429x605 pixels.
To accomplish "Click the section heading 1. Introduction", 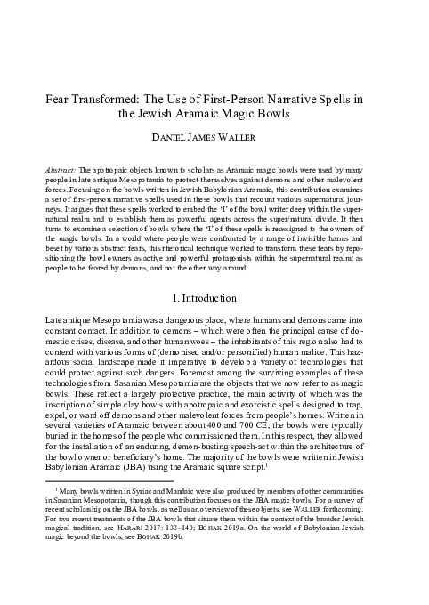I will point(214,272).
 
